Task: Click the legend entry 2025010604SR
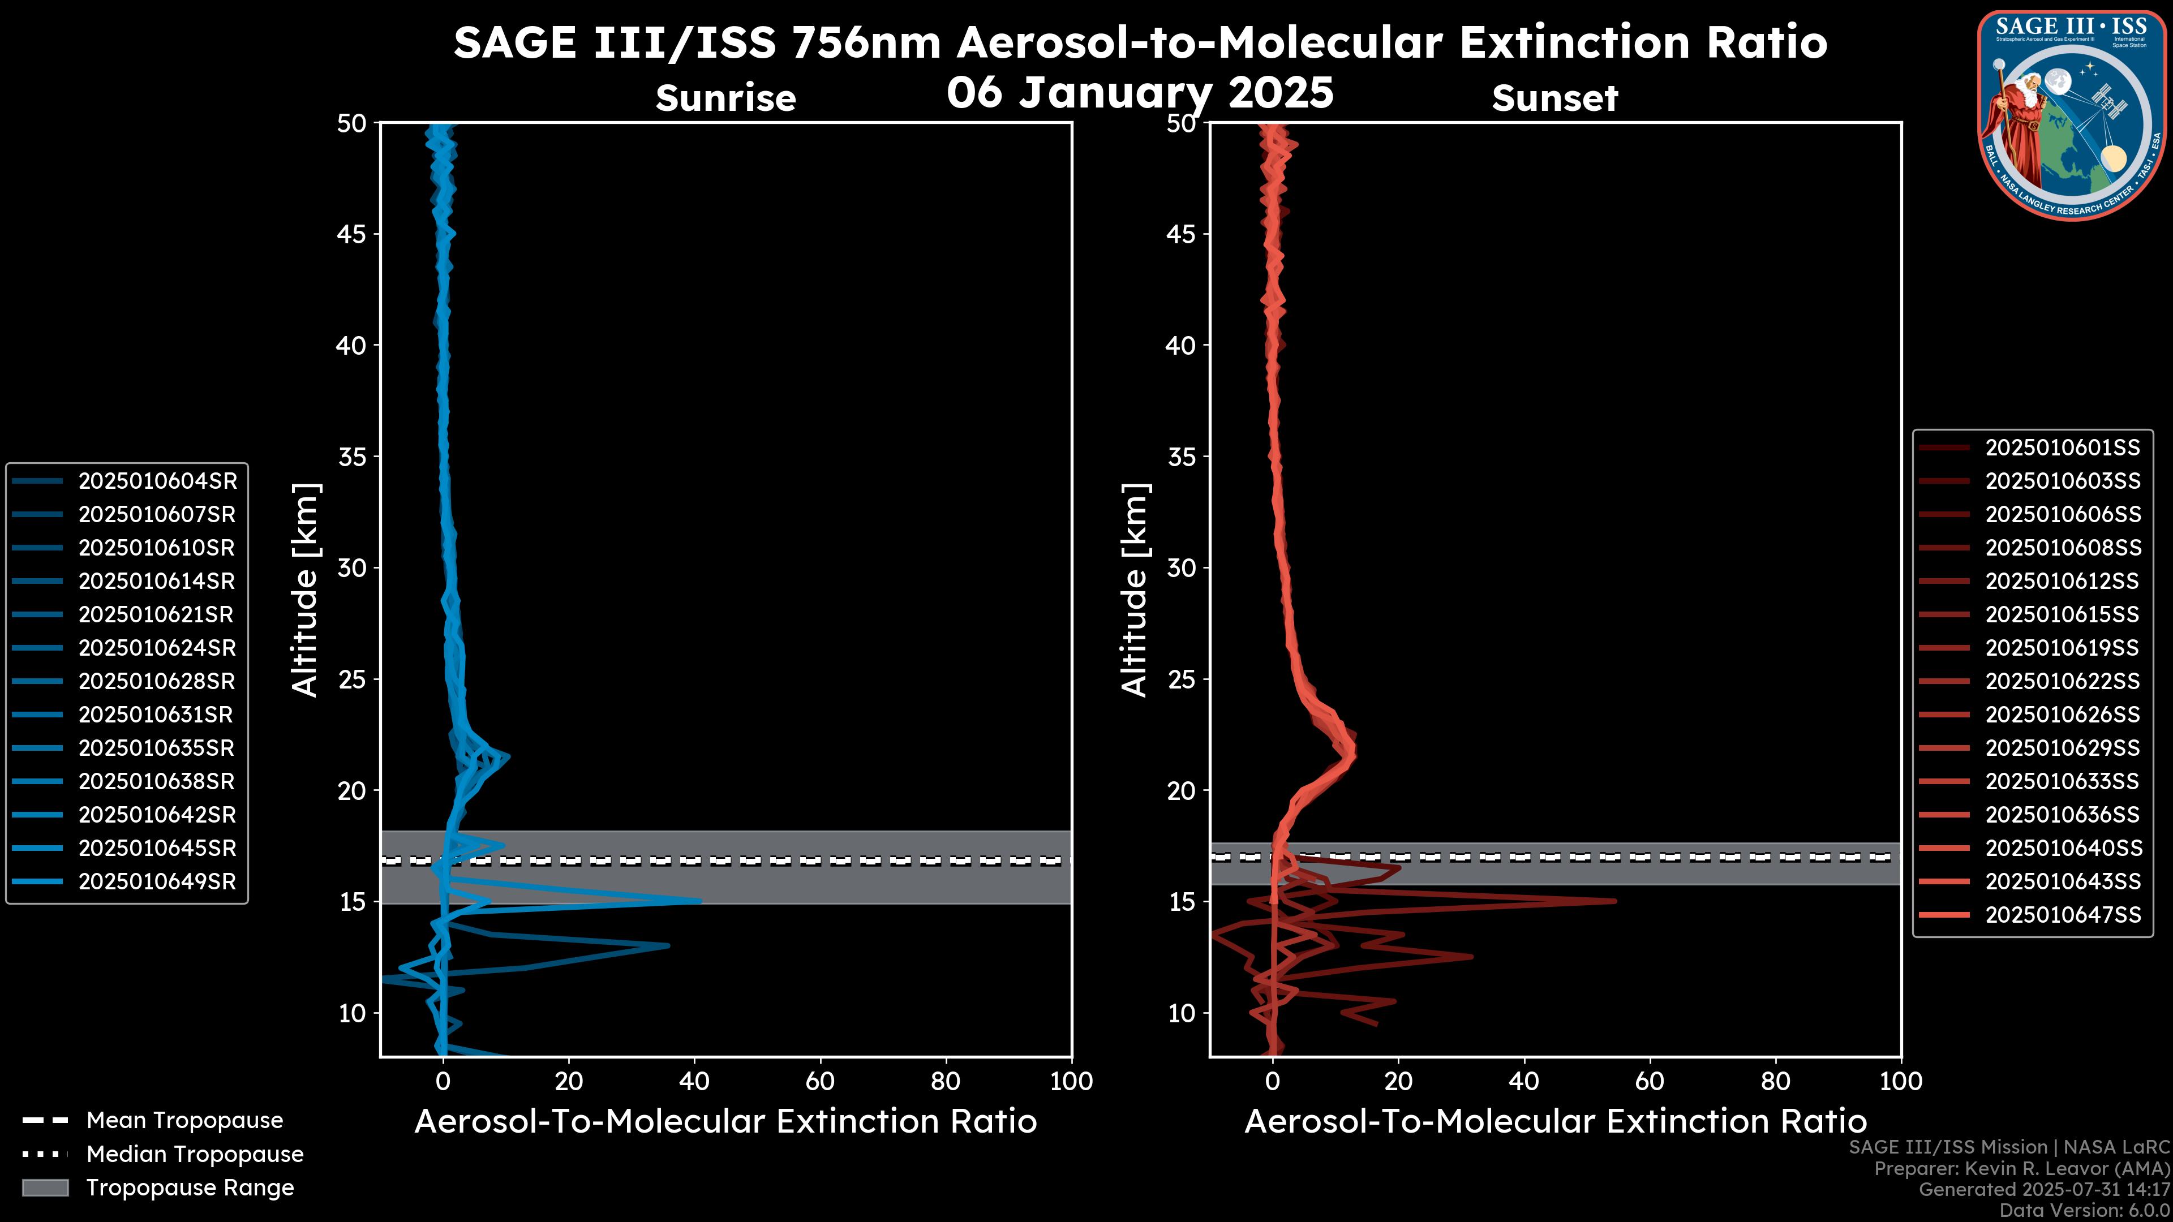click(x=157, y=481)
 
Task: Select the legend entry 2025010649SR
click(x=157, y=881)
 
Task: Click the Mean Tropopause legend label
click(x=184, y=1120)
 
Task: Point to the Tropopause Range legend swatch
click(x=45, y=1187)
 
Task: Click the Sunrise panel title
click(x=725, y=98)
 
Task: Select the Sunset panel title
click(x=1554, y=98)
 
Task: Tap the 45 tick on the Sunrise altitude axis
click(x=352, y=234)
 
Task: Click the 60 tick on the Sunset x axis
click(x=1649, y=1081)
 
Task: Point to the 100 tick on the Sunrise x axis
click(x=1071, y=1081)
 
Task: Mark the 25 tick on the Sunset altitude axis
click(x=1182, y=679)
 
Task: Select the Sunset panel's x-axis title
click(x=1554, y=1122)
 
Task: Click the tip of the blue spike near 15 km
click(x=700, y=901)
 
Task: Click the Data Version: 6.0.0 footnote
click(x=2084, y=1210)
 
